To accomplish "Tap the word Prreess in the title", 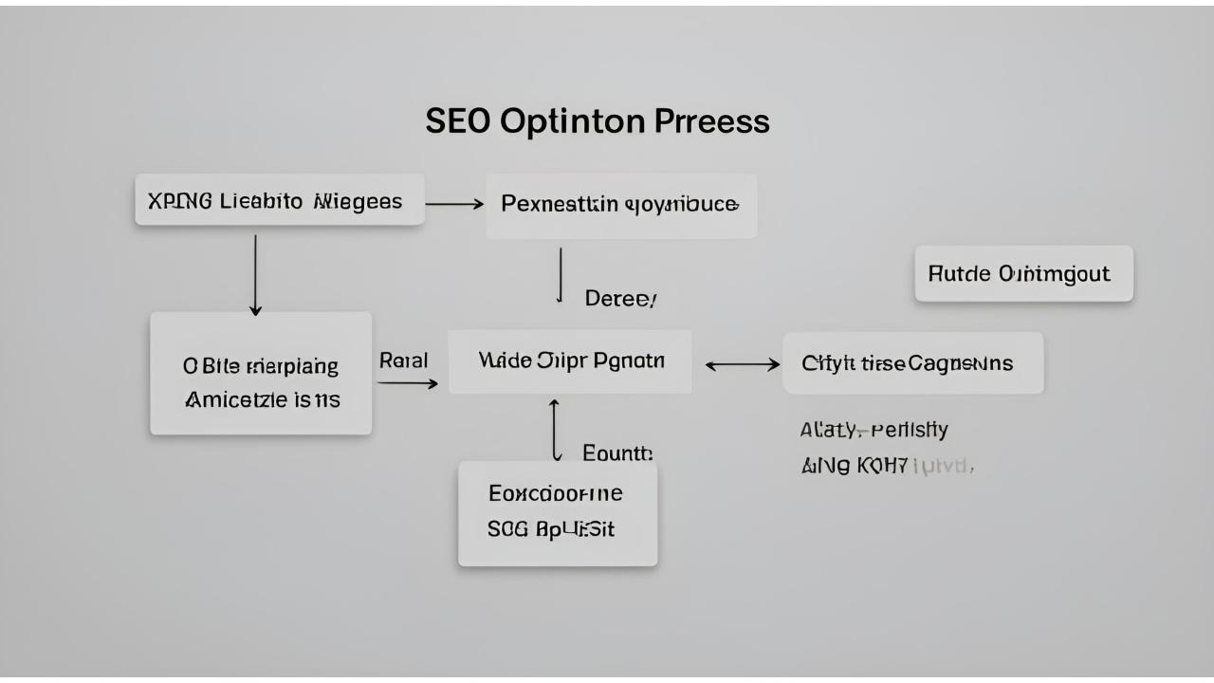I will tap(711, 121).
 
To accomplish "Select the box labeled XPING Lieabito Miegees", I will tap(279, 200).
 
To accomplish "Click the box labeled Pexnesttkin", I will tap(621, 205).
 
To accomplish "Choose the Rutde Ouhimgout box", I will tap(1023, 274).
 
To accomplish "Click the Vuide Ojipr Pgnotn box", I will tap(570, 361).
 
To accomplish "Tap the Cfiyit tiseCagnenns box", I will tap(912, 363).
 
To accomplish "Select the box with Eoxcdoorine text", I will tap(558, 512).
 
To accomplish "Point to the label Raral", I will tap(404, 360).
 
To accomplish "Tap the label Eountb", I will tap(617, 453).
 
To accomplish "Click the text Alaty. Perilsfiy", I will tap(874, 430).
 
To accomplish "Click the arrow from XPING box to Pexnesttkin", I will tap(454, 203).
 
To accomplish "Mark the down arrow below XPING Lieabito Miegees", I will tap(255, 274).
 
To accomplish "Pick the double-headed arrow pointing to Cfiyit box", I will tap(743, 364).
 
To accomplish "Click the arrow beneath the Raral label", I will tap(408, 383).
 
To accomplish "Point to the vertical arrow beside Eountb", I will tap(555, 430).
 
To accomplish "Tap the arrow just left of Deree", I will tap(561, 275).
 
